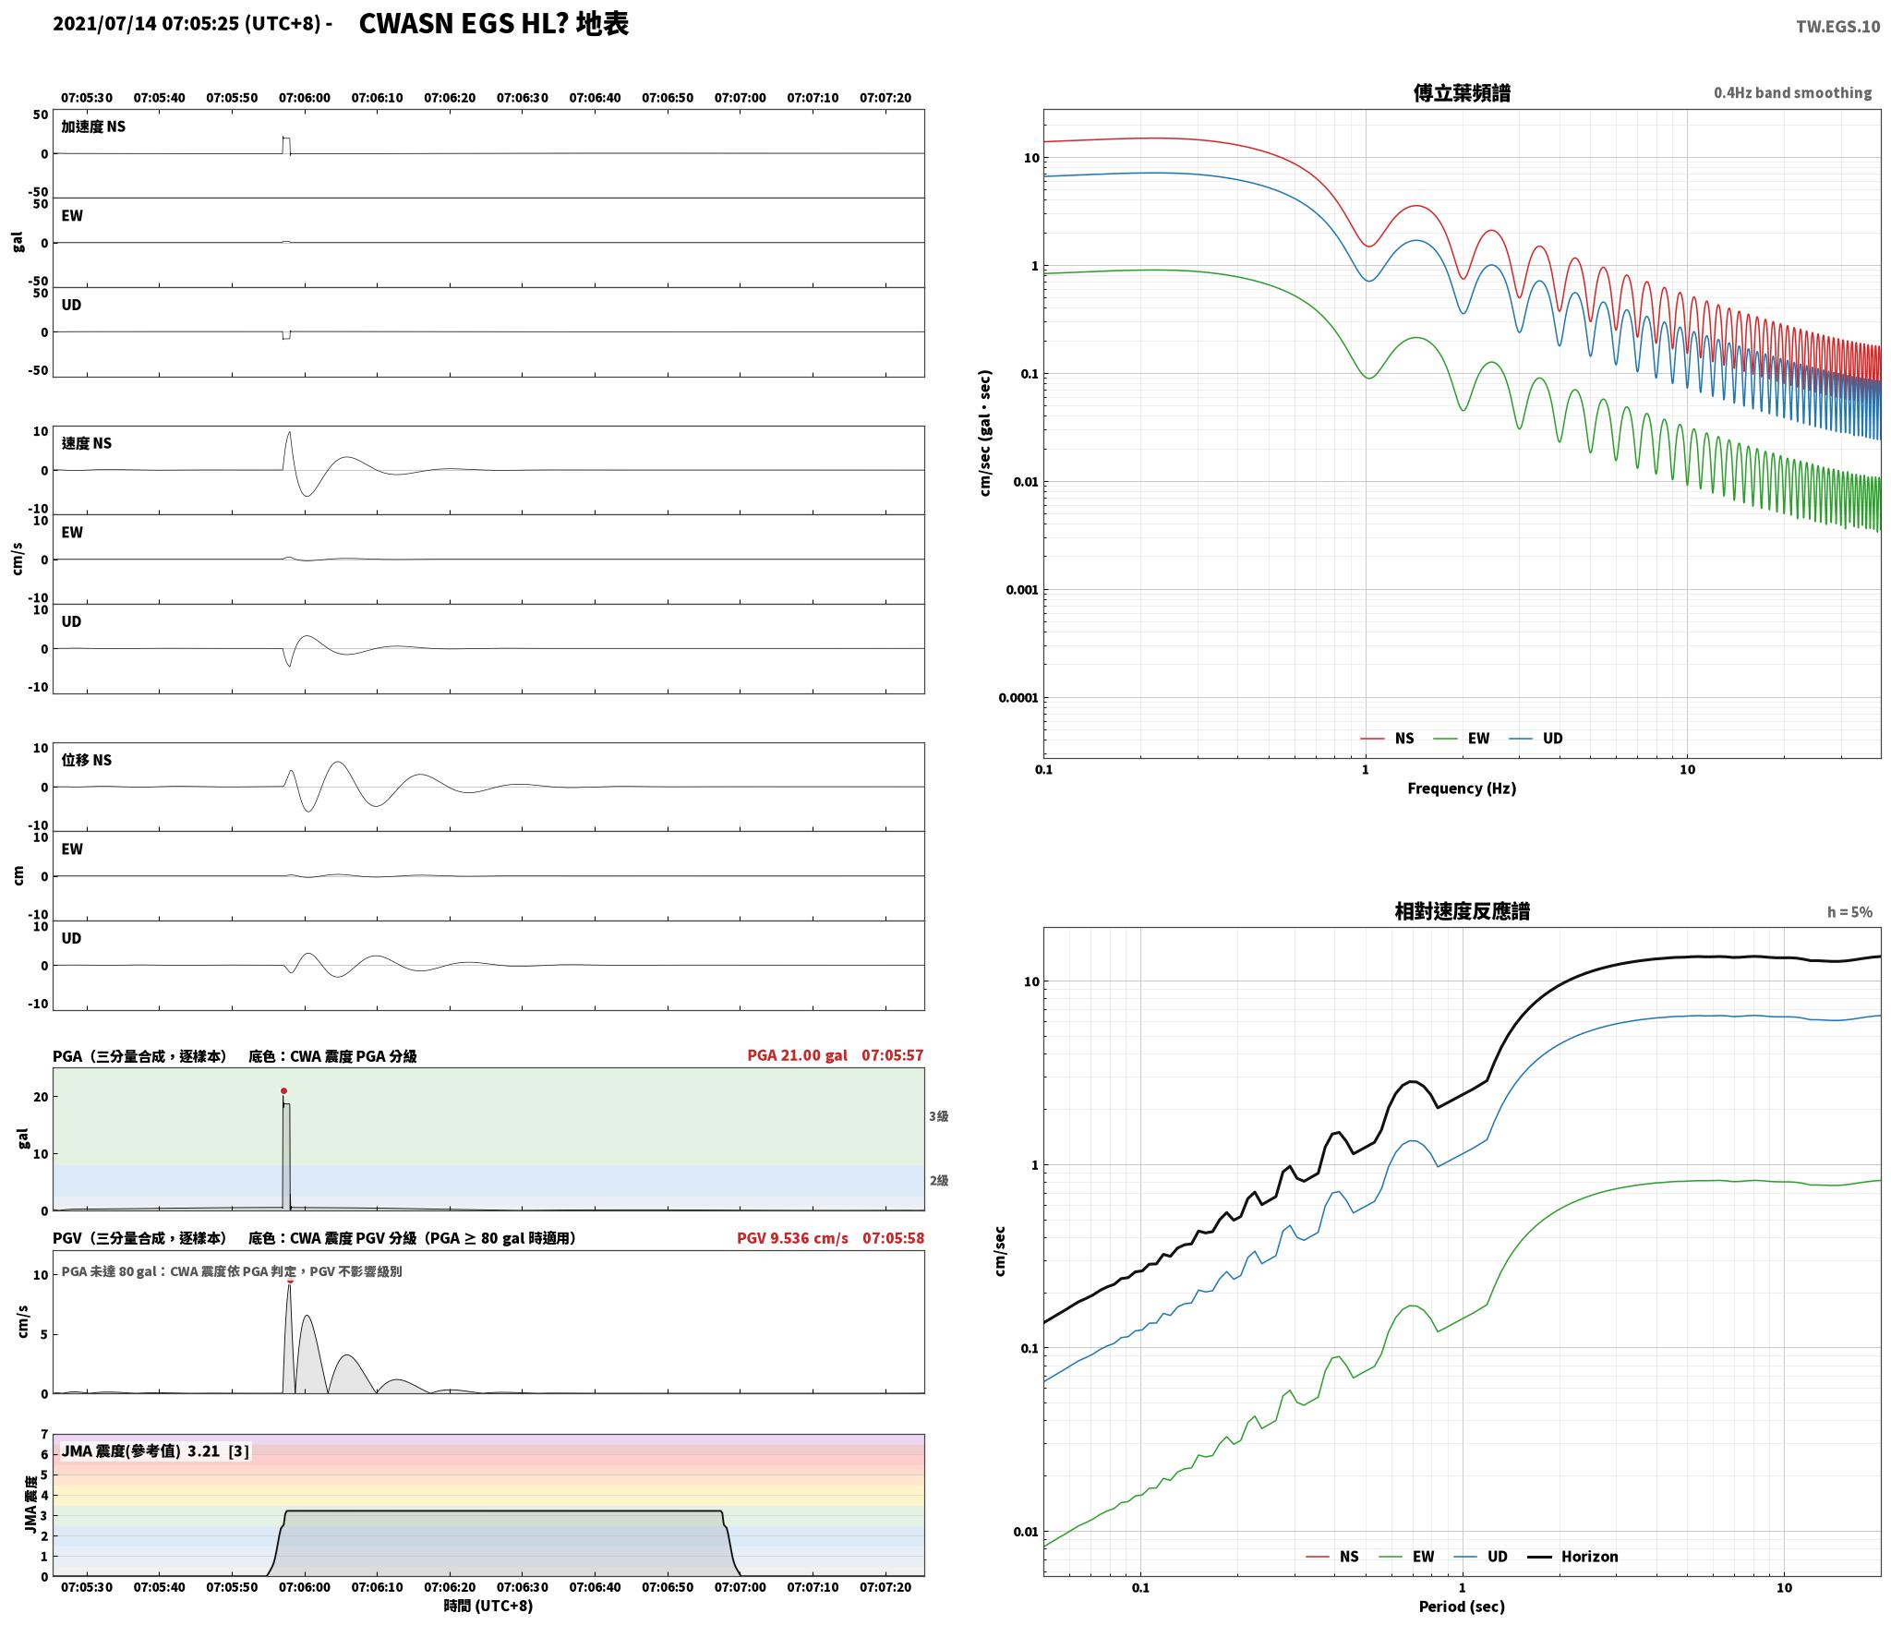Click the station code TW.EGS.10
pos(1837,27)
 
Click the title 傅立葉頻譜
pos(1462,93)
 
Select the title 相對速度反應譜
pos(1462,911)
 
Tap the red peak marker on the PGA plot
pos(283,1091)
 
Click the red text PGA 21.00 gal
pos(797,1055)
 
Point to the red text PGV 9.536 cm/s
pos(792,1238)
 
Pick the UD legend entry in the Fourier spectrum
pos(1536,739)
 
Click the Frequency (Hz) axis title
pos(1462,788)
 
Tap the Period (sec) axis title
pos(1462,1607)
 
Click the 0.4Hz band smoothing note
pos(1792,93)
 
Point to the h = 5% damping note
pos(1849,912)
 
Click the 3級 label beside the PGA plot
pos(938,1116)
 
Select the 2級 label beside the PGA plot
pos(938,1181)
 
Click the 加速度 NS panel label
pos(93,126)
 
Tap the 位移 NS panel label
pos(87,760)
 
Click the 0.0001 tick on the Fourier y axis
pos(1018,698)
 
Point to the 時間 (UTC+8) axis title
pos(488,1606)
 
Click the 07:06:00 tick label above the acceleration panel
pos(304,98)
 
